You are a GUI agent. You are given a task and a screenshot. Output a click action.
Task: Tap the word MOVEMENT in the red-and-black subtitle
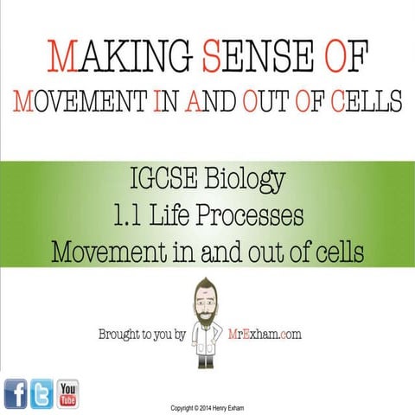[74, 101]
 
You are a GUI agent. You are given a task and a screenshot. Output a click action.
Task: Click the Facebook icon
[15, 393]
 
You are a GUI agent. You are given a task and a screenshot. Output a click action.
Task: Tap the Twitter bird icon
[41, 393]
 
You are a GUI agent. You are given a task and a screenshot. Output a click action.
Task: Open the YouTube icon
[68, 393]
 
